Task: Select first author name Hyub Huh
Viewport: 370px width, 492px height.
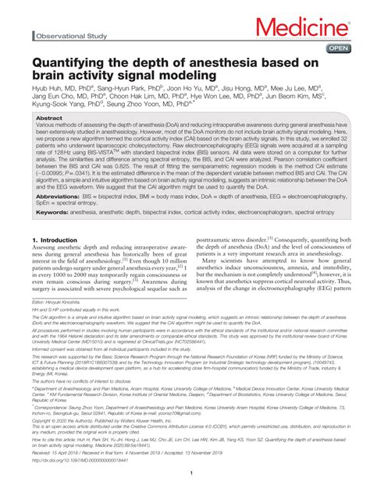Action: pos(44,90)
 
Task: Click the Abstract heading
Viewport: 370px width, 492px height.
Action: pos(50,119)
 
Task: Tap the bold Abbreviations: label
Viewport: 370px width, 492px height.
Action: pos(59,196)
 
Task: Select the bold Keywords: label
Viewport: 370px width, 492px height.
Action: pos(52,213)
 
